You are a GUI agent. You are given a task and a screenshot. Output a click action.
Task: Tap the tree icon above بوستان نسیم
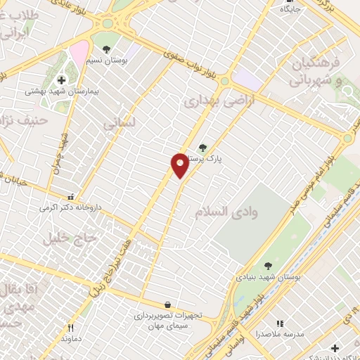pyautogui.click(x=106, y=49)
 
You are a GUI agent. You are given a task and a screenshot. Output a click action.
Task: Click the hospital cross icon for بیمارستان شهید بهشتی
pyautogui.click(x=61, y=80)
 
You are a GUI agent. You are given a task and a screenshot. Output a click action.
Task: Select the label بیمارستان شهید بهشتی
pyautogui.click(x=61, y=91)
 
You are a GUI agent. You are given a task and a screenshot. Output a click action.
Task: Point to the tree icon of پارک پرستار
pyautogui.click(x=203, y=147)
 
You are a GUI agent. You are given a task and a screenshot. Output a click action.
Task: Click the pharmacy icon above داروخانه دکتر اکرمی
pyautogui.click(x=70, y=198)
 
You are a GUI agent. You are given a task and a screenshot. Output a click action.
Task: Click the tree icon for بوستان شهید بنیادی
pyautogui.click(x=267, y=266)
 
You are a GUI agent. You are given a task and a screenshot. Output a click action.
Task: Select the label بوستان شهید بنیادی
pyautogui.click(x=267, y=278)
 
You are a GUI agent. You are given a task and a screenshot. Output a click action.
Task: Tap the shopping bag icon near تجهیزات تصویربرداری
pyautogui.click(x=167, y=304)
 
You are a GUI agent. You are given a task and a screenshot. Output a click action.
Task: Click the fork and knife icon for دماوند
pyautogui.click(x=70, y=328)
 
